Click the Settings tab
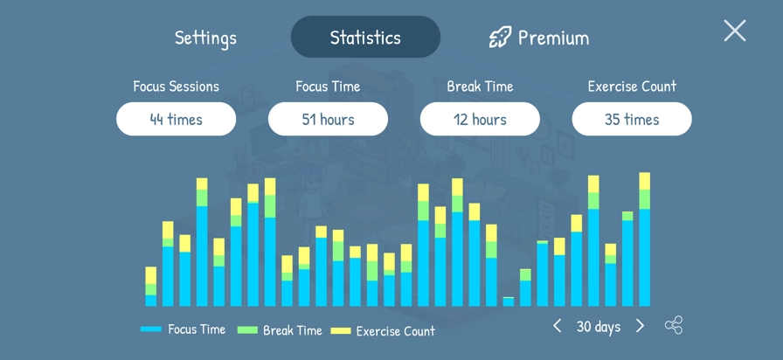point(205,38)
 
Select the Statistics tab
point(365,38)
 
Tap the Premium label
point(553,38)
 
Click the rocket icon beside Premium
point(500,37)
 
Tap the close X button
point(735,31)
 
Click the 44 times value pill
point(176,119)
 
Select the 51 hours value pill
point(328,119)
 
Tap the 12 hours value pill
point(480,119)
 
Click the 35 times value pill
point(632,119)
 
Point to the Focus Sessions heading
point(176,87)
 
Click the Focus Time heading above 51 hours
point(328,87)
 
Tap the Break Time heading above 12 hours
point(480,87)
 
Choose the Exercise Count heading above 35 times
point(632,87)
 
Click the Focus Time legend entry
point(184,329)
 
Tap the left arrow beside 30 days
point(557,326)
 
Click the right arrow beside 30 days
point(640,326)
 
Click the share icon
point(673,326)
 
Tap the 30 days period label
point(599,327)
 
